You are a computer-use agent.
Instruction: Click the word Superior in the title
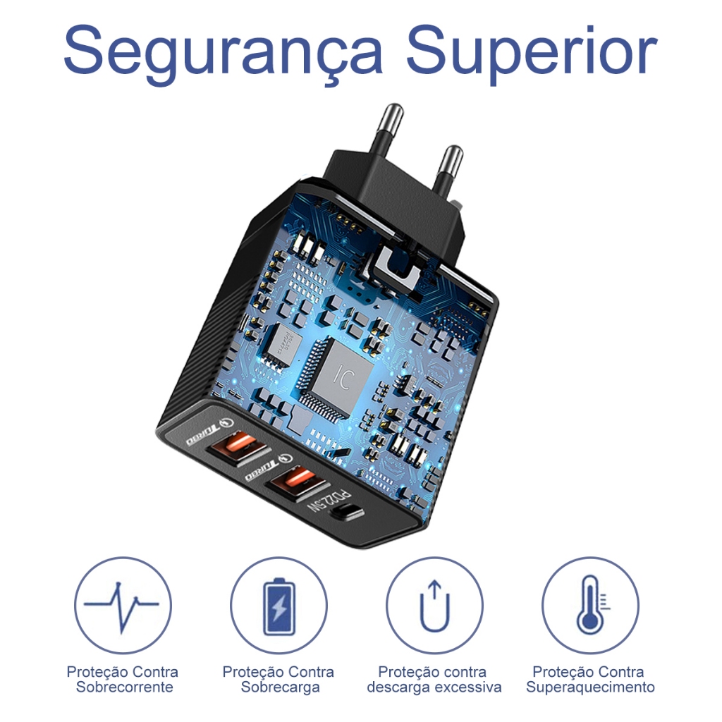click(x=532, y=54)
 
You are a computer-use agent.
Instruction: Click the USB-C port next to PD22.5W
click(x=348, y=513)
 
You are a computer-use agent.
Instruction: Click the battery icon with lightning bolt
click(x=279, y=606)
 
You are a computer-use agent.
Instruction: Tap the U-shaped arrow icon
click(x=434, y=606)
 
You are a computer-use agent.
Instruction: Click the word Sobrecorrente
click(x=125, y=687)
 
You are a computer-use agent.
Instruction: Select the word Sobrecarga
click(x=280, y=687)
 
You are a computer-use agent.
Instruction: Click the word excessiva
click(x=468, y=687)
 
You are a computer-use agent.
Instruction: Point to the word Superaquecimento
click(x=590, y=687)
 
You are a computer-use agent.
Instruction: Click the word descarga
click(x=399, y=687)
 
